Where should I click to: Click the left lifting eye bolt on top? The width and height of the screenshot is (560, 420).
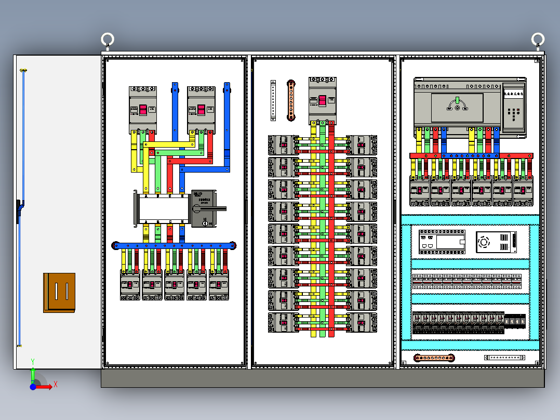coord(108,40)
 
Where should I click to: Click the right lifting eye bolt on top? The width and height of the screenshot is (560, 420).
coord(538,40)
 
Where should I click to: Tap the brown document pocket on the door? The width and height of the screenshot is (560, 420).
coord(59,293)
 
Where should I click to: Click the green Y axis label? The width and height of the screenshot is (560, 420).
coord(33,360)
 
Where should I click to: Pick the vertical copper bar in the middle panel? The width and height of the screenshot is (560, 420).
coord(291,100)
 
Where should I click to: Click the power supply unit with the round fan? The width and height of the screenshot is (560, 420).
coord(496,242)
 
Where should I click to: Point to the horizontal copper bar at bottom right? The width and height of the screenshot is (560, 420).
coord(434,358)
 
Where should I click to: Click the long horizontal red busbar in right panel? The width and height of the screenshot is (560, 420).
coord(471,155)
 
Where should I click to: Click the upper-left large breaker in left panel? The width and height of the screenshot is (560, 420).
coord(143,110)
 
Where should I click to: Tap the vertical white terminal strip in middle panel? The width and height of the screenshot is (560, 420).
coord(273,101)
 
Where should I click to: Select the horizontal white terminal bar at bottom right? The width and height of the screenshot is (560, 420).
coord(504,358)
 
